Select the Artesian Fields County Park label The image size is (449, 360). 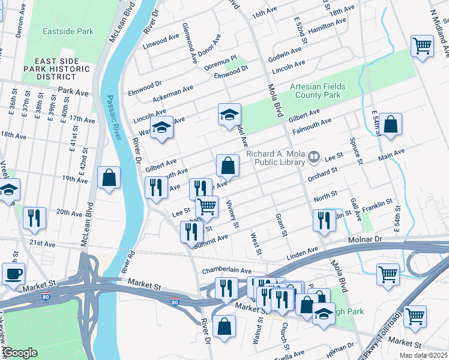(x=318, y=91)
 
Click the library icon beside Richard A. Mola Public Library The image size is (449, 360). (x=313, y=158)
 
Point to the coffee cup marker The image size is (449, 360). (x=13, y=273)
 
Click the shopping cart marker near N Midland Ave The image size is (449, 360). (x=422, y=46)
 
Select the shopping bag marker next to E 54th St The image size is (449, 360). (x=390, y=124)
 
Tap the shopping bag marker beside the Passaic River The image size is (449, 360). (x=109, y=177)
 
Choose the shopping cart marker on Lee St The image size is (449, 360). (x=206, y=206)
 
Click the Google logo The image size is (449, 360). (x=20, y=353)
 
